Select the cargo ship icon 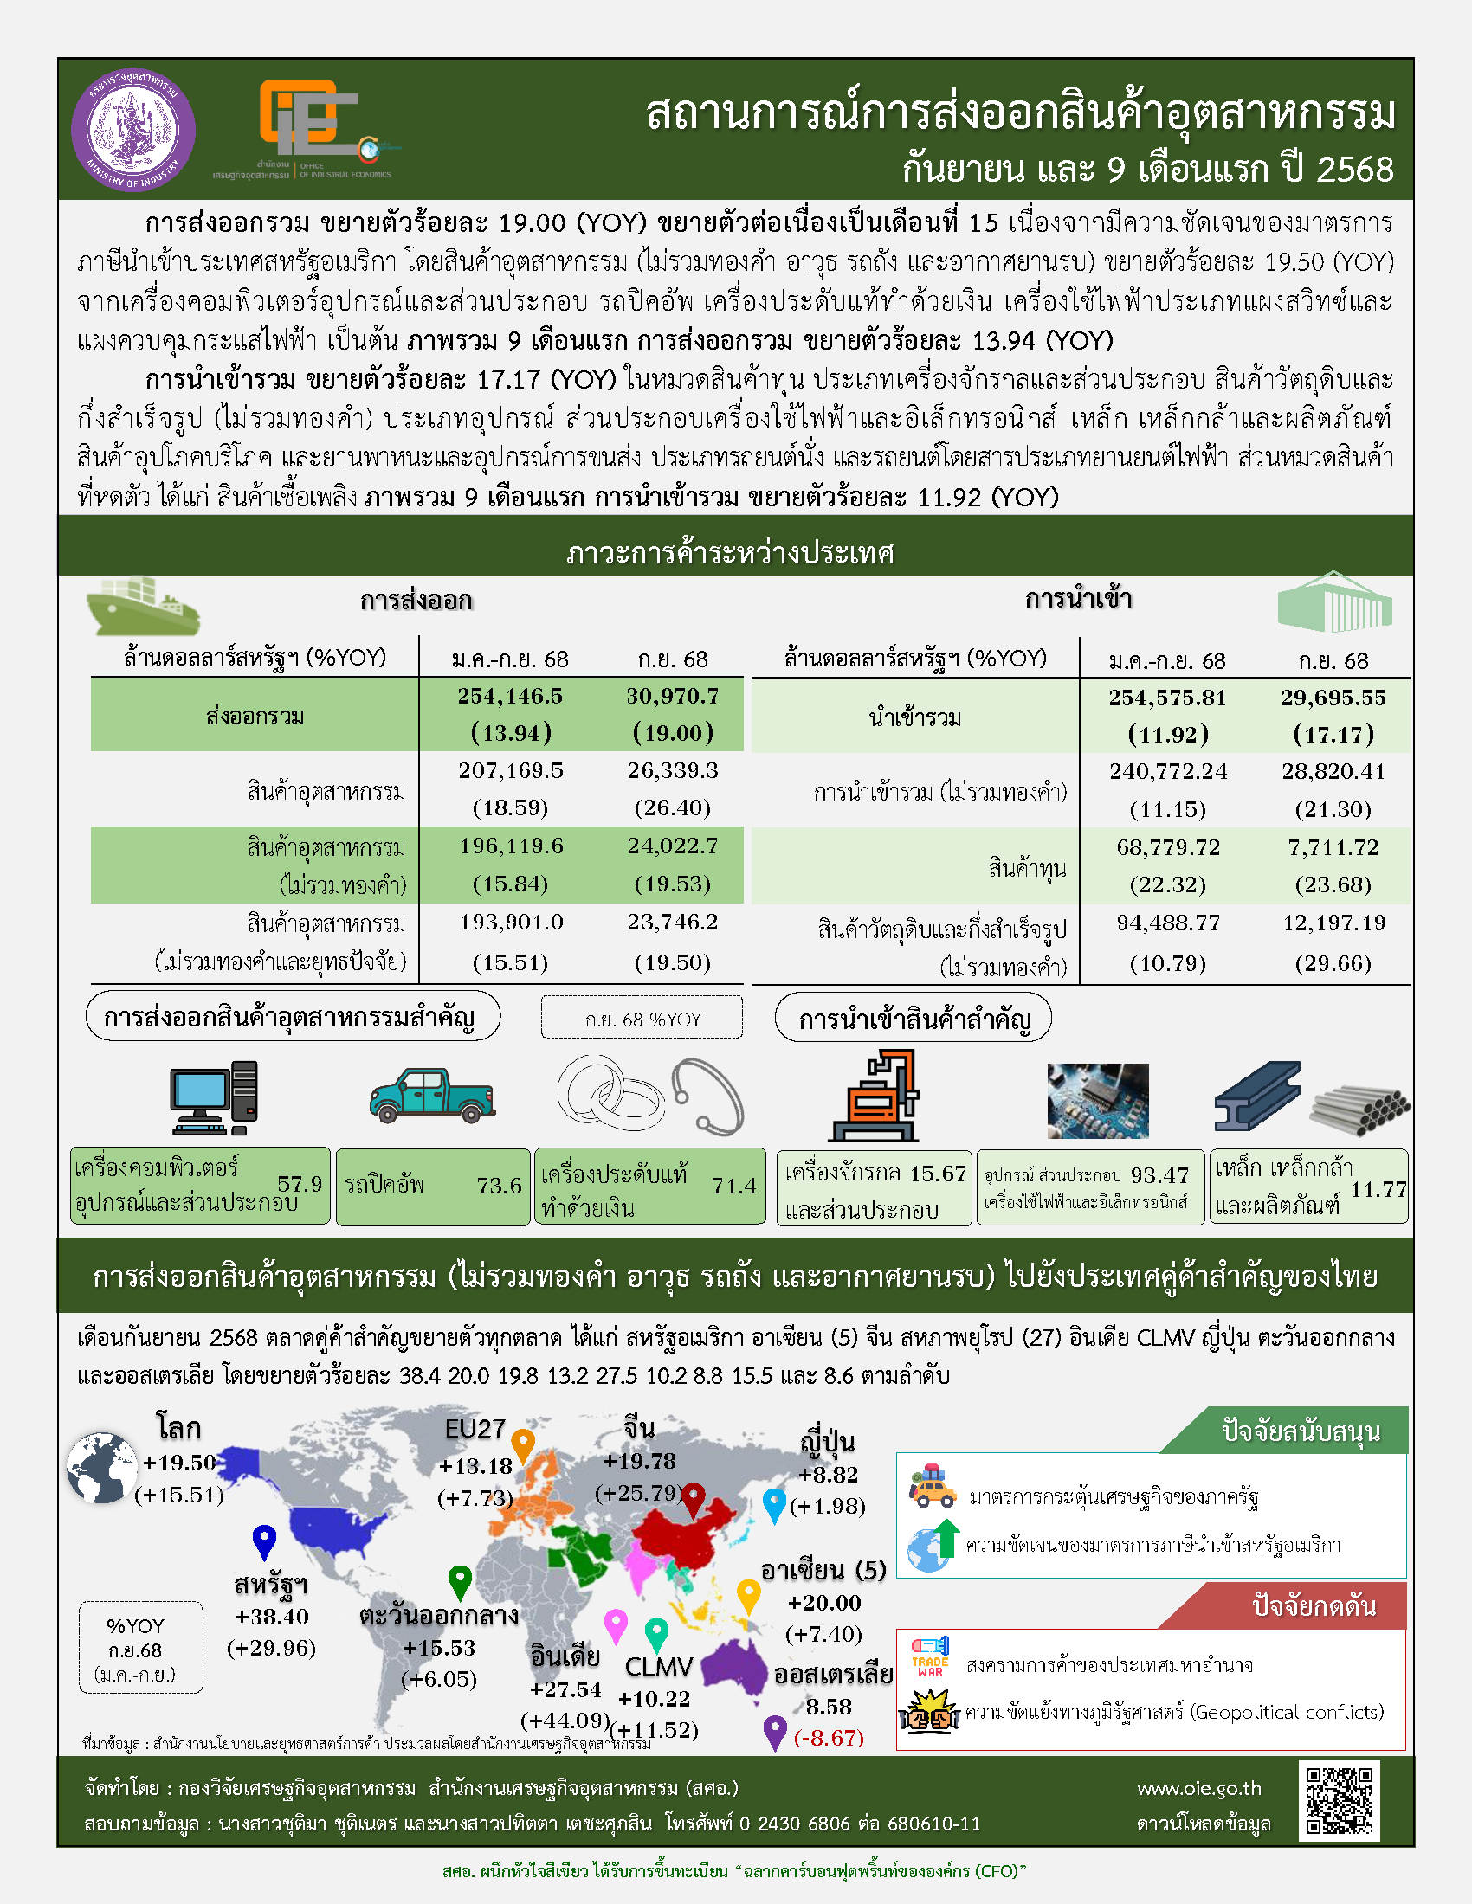[143, 605]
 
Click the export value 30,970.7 [672, 696]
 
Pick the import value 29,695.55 [1333, 698]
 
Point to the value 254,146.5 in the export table [510, 696]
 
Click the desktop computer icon [214, 1097]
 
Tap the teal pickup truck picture [432, 1096]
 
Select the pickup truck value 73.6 [499, 1186]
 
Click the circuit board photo [1097, 1100]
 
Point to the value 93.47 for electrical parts [1159, 1175]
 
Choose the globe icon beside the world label [102, 1468]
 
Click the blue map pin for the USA [264, 1541]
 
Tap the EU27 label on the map [475, 1429]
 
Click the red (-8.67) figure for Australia [829, 1738]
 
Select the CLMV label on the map [658, 1667]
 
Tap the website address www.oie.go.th [1199, 1788]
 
